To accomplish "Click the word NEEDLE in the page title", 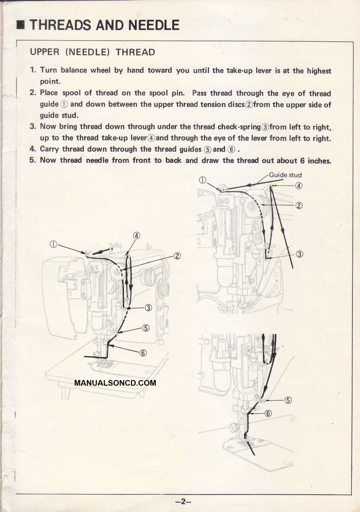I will (x=154, y=25).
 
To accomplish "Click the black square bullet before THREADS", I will (x=22, y=25).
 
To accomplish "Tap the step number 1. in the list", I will (x=33, y=70).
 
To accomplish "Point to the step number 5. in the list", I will (x=33, y=160).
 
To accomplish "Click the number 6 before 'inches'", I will (x=302, y=161).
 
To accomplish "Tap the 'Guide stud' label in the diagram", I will (x=285, y=175).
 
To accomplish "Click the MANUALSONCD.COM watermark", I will (x=115, y=383).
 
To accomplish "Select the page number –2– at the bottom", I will (x=183, y=501).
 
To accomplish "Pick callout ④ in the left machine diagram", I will (x=136, y=235).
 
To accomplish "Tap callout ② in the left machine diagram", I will (x=177, y=256).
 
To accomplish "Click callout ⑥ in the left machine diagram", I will (x=143, y=353).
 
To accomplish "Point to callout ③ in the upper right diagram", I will (x=300, y=254).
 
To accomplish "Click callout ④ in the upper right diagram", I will (x=298, y=186).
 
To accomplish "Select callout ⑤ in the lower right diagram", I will (x=288, y=400).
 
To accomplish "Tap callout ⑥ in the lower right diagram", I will (x=268, y=413).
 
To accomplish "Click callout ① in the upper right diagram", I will (x=202, y=181).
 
